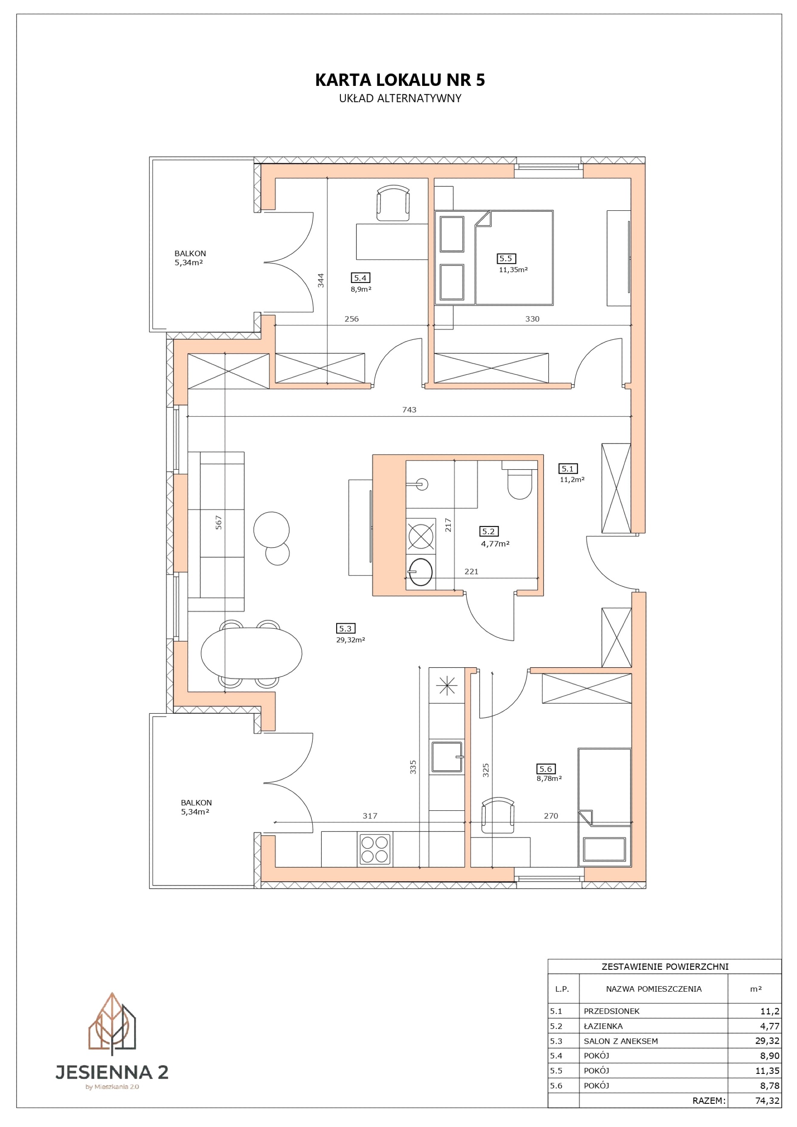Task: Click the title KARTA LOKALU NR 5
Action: click(400, 80)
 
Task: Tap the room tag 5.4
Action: click(360, 278)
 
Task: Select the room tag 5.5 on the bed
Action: click(506, 258)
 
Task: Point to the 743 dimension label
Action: click(409, 410)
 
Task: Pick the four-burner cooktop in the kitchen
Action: click(375, 849)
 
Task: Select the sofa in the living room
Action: click(216, 531)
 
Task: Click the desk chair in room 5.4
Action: click(393, 203)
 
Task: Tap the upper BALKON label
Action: click(190, 253)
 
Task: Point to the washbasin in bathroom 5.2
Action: click(421, 572)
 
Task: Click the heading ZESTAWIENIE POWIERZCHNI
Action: click(665, 966)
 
